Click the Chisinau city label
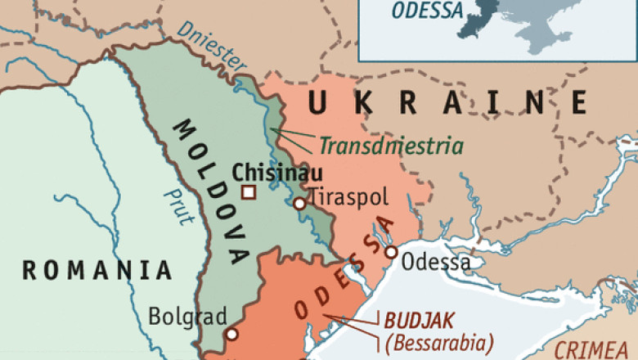point(276,173)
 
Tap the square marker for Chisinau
point(249,192)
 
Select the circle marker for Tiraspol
point(299,203)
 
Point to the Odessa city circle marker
point(392,252)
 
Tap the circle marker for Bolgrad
point(232,334)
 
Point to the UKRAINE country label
point(448,104)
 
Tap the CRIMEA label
point(595,350)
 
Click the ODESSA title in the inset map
point(427,11)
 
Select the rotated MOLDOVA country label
point(211,191)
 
